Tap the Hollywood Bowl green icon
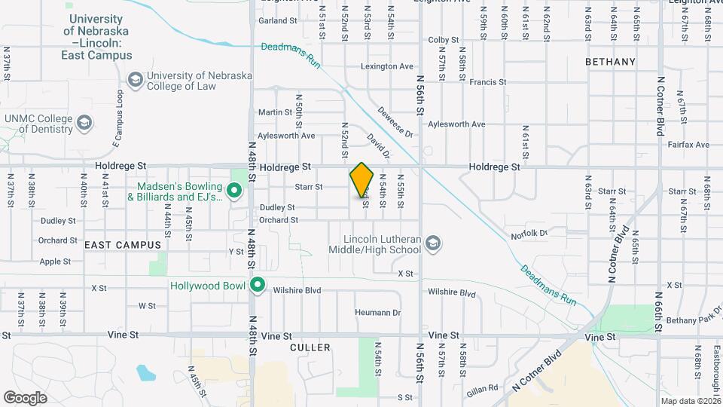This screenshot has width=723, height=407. pyautogui.click(x=258, y=285)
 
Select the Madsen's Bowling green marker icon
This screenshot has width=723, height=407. pyautogui.click(x=234, y=191)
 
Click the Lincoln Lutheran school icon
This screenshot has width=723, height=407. pyautogui.click(x=432, y=243)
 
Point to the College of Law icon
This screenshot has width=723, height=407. pyautogui.click(x=135, y=80)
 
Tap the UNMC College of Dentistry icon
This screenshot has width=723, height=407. pyautogui.click(x=84, y=122)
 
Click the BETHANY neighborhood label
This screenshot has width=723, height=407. pyautogui.click(x=610, y=62)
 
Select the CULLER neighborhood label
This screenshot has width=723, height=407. pyautogui.click(x=310, y=347)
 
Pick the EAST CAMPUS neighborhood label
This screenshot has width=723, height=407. pyautogui.click(x=123, y=245)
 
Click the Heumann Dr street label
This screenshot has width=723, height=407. pyautogui.click(x=379, y=312)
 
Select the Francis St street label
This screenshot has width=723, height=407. pyautogui.click(x=486, y=82)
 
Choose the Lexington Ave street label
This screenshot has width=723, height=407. pyautogui.click(x=387, y=66)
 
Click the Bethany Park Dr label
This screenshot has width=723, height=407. pyautogui.click(x=693, y=320)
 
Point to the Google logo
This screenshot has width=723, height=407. pyautogui.click(x=25, y=397)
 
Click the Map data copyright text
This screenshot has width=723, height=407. pyautogui.click(x=689, y=400)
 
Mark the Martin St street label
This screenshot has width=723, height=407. pyautogui.click(x=275, y=112)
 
